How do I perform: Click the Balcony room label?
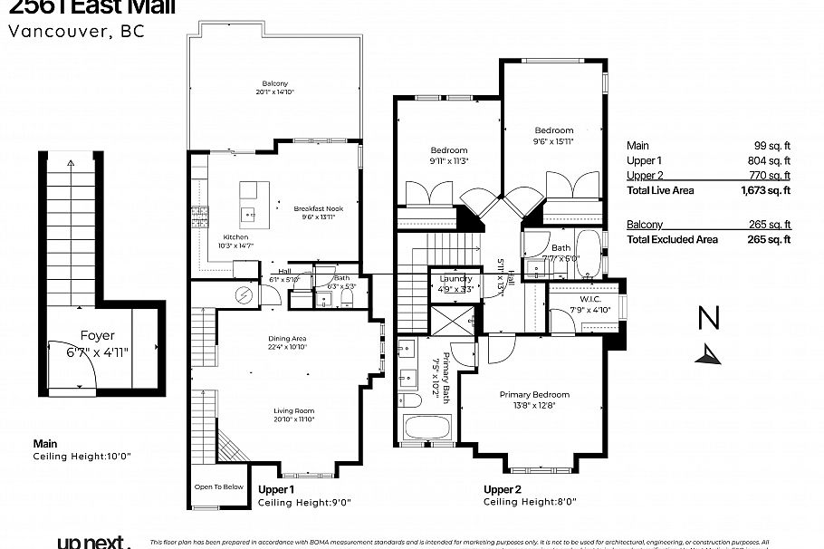(x=274, y=82)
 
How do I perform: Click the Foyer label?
(x=98, y=334)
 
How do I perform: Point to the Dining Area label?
(x=287, y=338)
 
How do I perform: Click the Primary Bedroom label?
(x=534, y=394)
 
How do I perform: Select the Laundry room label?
(x=451, y=280)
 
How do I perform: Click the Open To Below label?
(x=218, y=486)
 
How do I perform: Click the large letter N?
(x=709, y=319)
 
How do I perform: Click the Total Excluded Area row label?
(x=672, y=239)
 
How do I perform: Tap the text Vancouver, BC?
(x=75, y=30)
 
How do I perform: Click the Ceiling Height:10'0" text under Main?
(x=82, y=457)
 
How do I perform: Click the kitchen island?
(x=254, y=204)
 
